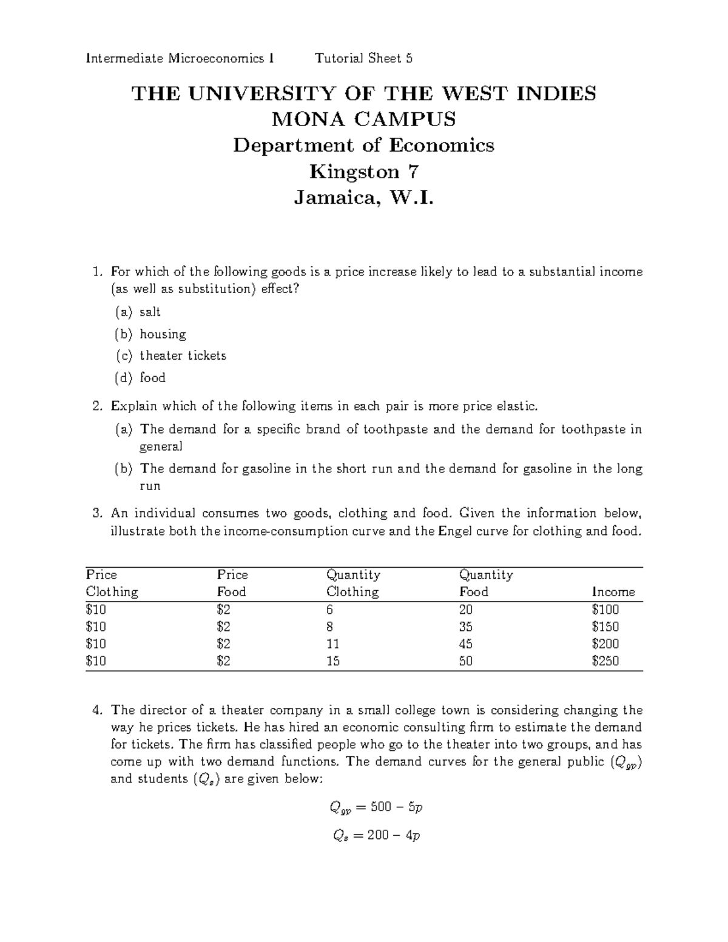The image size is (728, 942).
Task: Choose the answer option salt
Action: (150, 312)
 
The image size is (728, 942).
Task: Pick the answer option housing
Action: (163, 334)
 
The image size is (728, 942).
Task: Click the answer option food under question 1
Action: (152, 378)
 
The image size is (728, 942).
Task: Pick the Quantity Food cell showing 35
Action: (466, 627)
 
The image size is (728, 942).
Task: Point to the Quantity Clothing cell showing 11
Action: (332, 644)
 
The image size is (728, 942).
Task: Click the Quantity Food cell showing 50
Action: (466, 661)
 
